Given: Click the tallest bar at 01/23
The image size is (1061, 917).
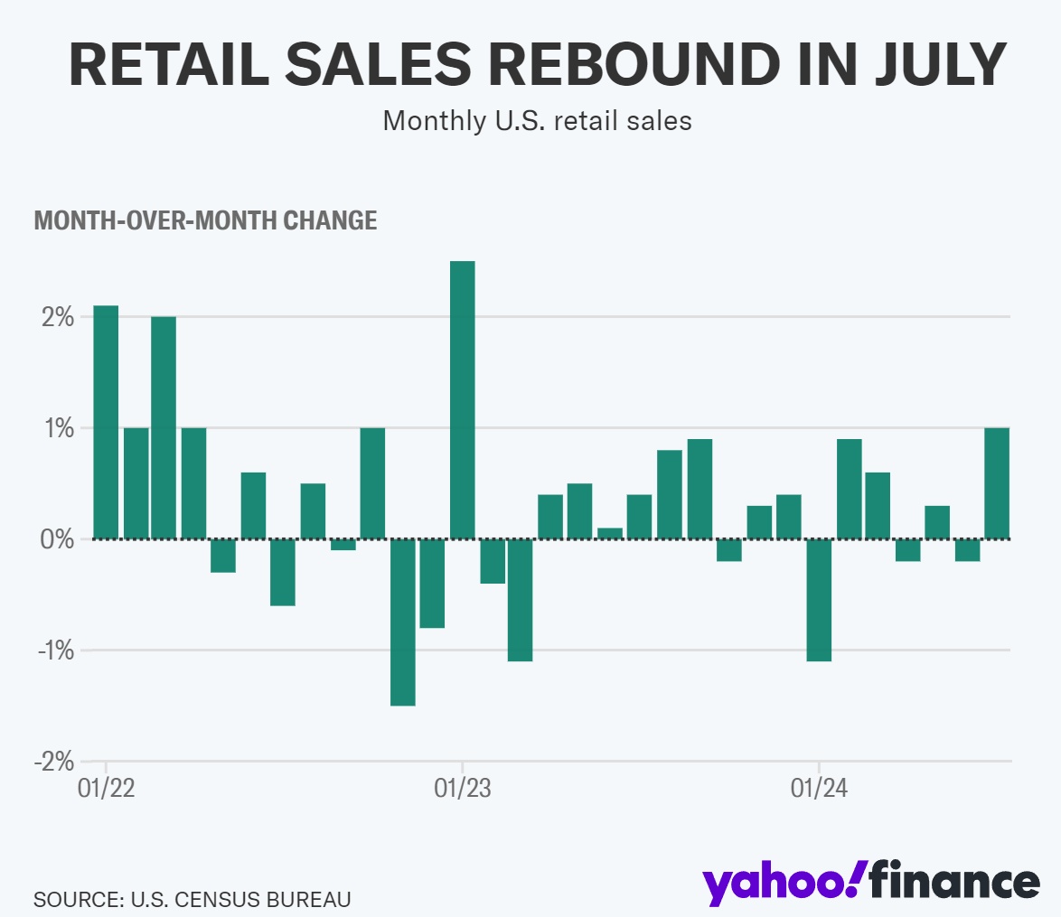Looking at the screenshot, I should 463,399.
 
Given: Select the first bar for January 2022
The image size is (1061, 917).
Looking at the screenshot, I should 106,422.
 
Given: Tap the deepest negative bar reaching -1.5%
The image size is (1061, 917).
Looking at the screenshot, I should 402,622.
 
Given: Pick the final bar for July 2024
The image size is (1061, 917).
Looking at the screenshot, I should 997,483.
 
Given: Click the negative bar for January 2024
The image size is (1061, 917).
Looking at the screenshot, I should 819,600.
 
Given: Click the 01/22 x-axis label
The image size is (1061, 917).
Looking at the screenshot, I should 107,788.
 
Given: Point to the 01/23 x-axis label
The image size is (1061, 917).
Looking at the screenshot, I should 463,788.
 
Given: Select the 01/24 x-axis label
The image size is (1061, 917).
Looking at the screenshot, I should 819,788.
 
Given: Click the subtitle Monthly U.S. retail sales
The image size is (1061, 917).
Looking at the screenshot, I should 537,120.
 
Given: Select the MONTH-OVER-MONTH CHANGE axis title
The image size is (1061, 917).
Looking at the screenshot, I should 205,220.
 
